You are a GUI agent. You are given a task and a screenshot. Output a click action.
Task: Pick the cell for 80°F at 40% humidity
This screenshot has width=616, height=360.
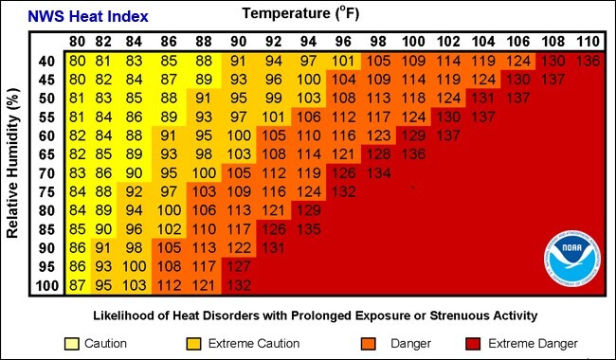(x=78, y=62)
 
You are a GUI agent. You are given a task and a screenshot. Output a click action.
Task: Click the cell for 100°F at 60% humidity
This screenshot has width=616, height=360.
(x=413, y=136)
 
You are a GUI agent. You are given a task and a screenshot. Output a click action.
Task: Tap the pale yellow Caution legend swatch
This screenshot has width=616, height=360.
(x=72, y=343)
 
